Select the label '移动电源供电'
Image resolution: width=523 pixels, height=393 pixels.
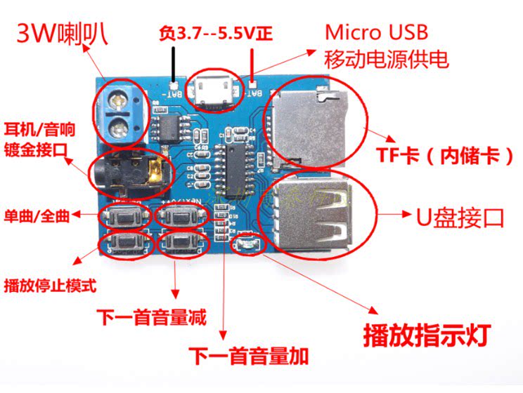pyautogui.click(x=386, y=59)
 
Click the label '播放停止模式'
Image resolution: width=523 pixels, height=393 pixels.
pyautogui.click(x=50, y=286)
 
